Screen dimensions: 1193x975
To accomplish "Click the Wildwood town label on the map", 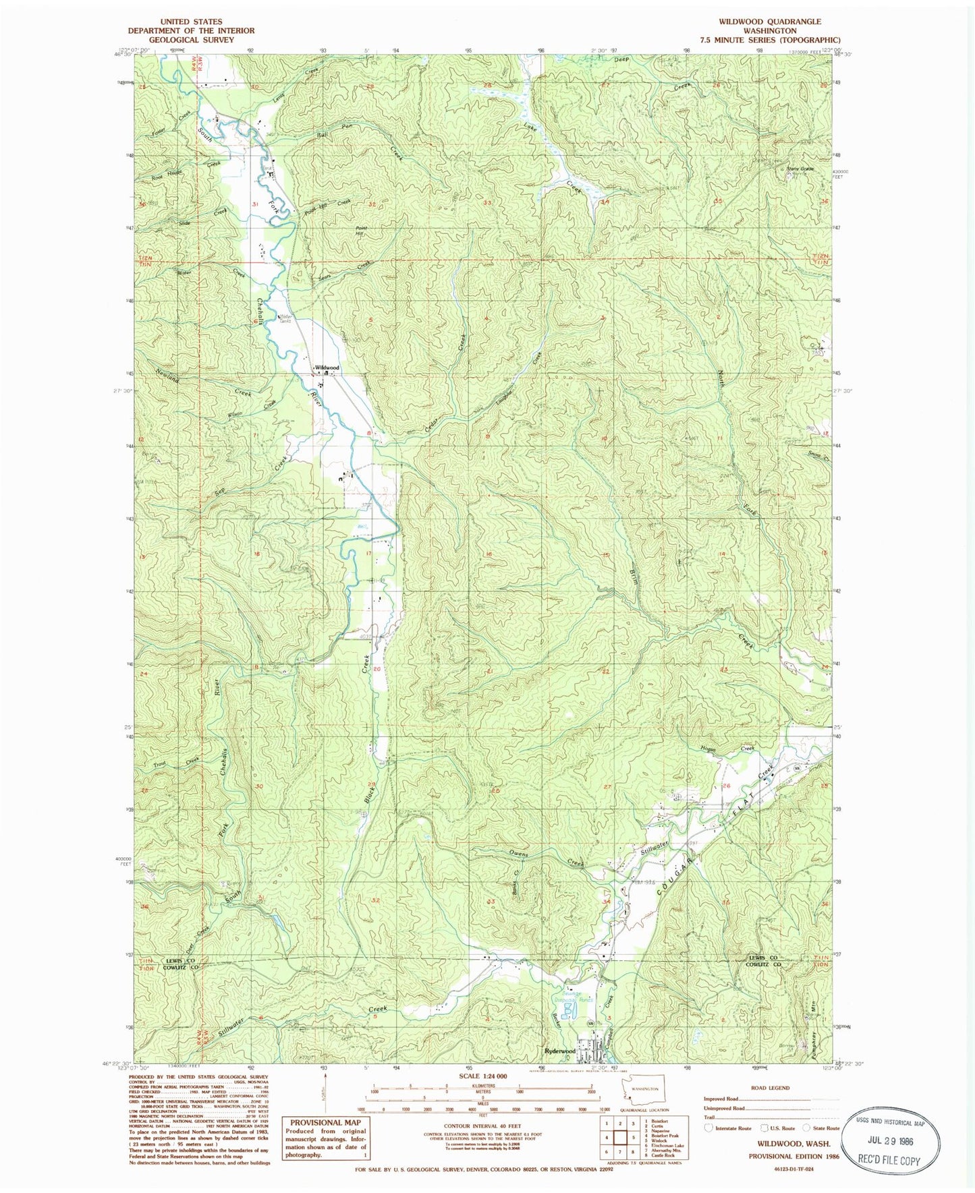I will pos(327,368).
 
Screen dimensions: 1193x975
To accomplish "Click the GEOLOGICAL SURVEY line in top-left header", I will pos(191,40).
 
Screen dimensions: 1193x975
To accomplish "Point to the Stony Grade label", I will pos(800,169).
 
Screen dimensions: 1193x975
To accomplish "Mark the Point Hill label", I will pos(361,231).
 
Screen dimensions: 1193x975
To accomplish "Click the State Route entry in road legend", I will pos(822,1128).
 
